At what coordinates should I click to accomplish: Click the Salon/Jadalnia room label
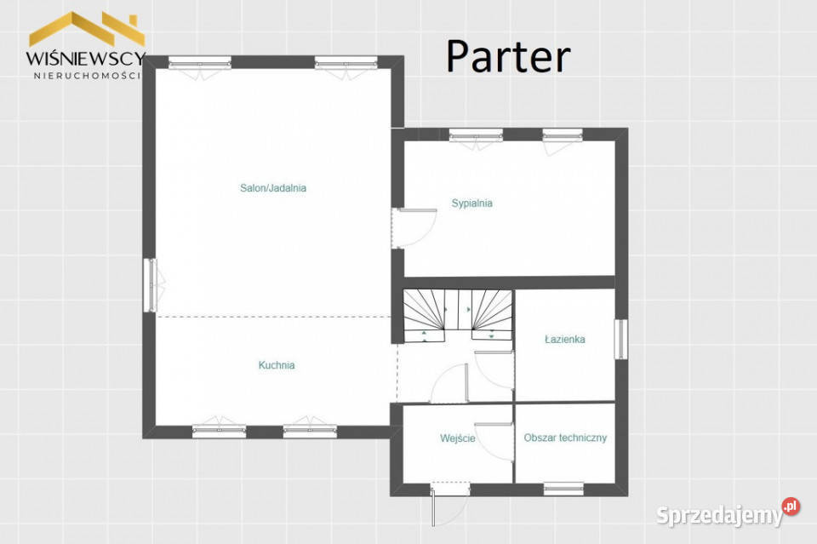tap(273, 188)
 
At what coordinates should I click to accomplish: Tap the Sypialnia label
tap(472, 203)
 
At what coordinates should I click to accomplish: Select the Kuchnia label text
tap(277, 365)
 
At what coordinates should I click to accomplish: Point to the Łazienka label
tap(565, 339)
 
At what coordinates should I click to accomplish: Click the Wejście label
tap(458, 438)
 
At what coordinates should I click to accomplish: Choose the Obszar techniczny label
tap(565, 438)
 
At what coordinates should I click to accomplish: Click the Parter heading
tap(508, 56)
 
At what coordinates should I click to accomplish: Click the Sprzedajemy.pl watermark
tap(728, 513)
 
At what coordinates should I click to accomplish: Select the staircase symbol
tap(458, 316)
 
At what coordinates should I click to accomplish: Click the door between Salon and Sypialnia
tap(414, 227)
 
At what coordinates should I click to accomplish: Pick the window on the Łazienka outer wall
tap(620, 339)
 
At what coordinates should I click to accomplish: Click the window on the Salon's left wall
tap(151, 285)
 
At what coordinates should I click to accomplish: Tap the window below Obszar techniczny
tap(563, 489)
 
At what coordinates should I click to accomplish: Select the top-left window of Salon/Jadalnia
tap(199, 64)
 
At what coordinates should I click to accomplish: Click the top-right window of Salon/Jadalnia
tap(346, 64)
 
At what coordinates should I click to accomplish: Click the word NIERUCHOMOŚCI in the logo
tap(87, 76)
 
